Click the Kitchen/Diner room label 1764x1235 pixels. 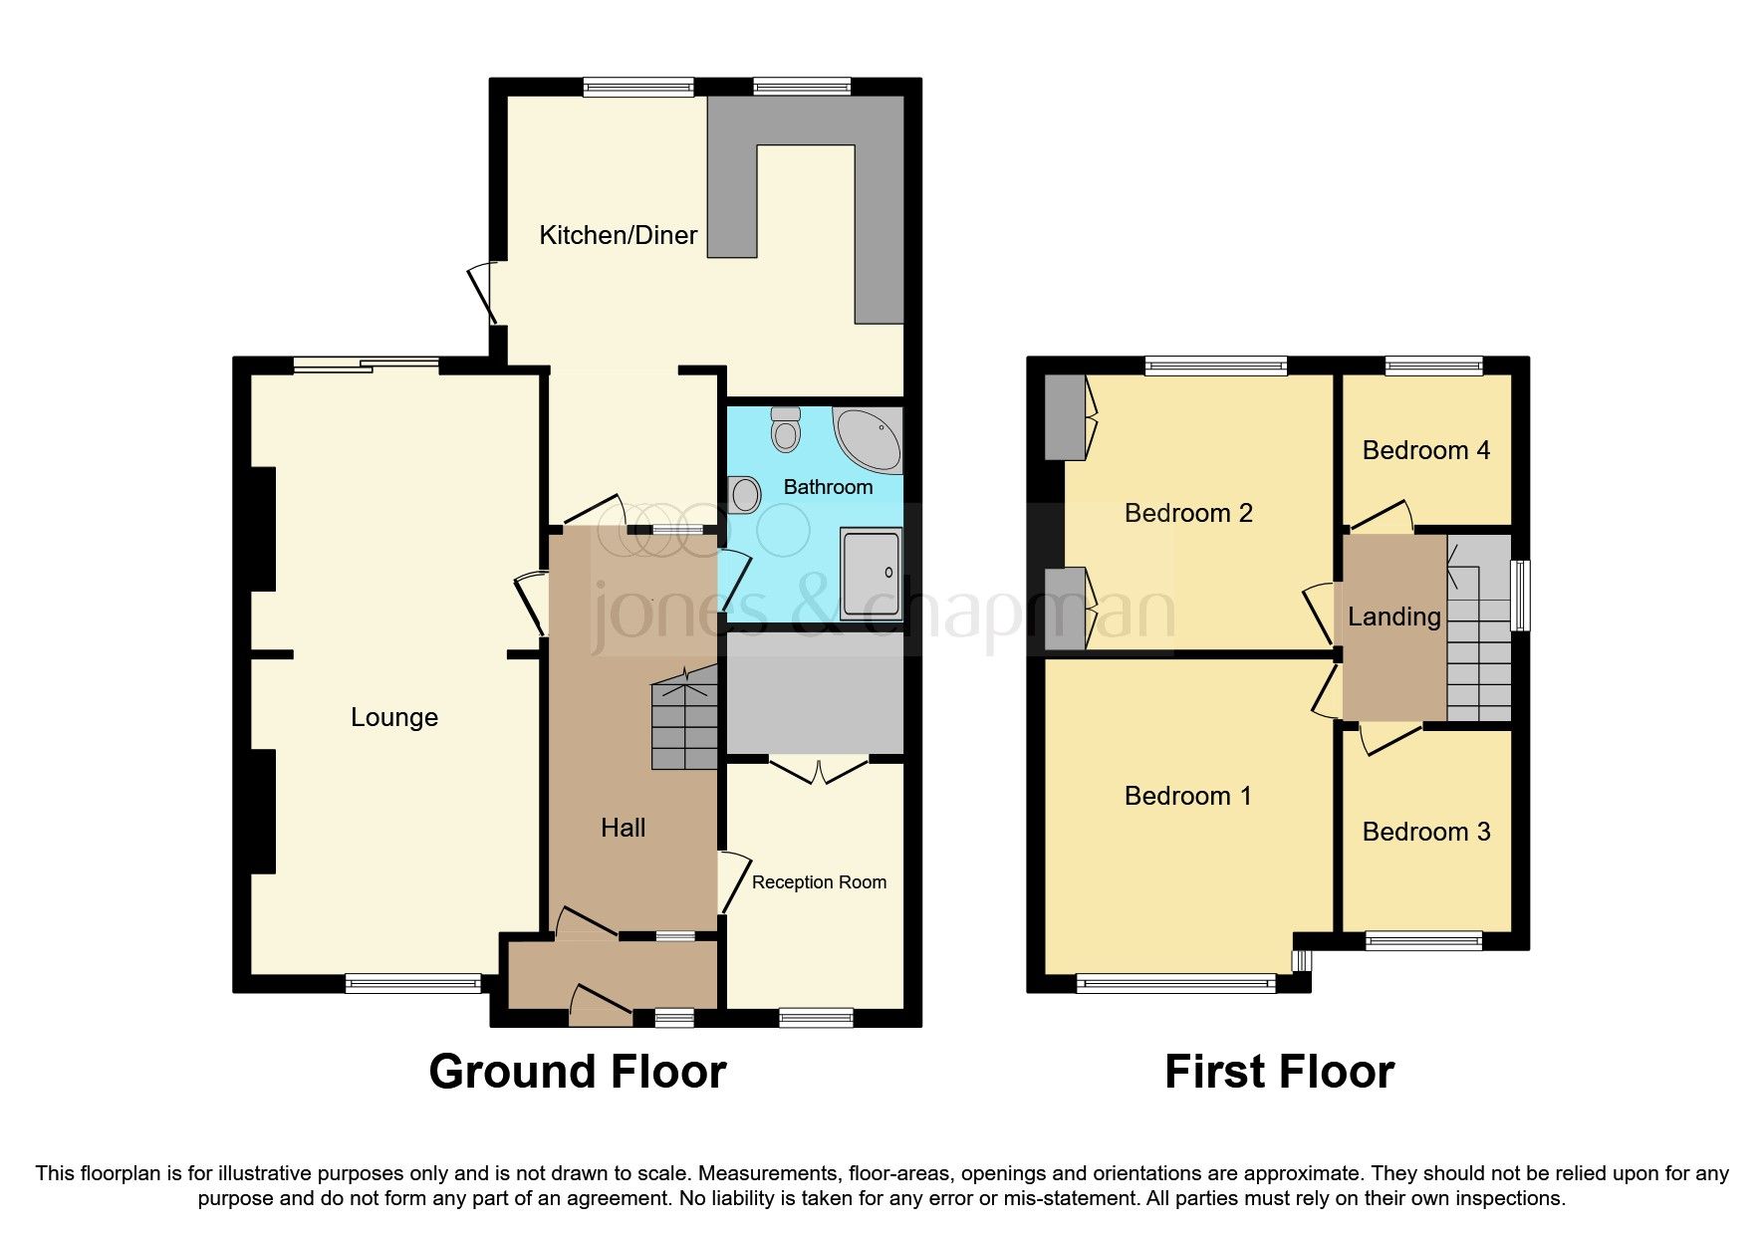[x=618, y=235]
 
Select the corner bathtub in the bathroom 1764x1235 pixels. [x=869, y=439]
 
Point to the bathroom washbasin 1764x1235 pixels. [x=742, y=492]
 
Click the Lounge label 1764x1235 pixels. [x=393, y=717]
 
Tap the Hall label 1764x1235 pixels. [x=623, y=828]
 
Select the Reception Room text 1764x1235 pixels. [x=819, y=882]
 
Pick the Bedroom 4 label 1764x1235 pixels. [x=1425, y=450]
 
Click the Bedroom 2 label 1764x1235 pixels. [x=1187, y=513]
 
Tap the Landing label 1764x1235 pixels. [x=1393, y=617]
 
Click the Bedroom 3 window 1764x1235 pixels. [x=1423, y=940]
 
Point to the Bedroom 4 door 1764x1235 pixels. [x=1383, y=516]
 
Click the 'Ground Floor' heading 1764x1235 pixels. [x=577, y=1072]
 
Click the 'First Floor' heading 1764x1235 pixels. [x=1279, y=1072]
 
